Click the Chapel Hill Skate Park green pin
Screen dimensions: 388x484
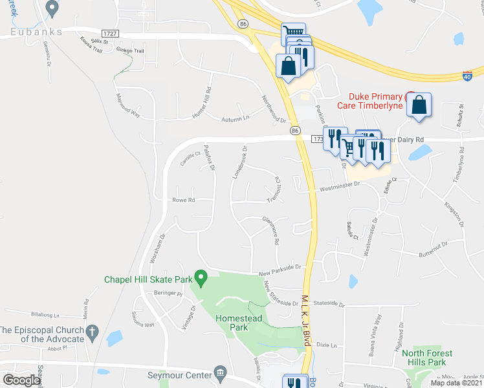pyautogui.click(x=201, y=279)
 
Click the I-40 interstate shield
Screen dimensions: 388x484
pyautogui.click(x=467, y=76)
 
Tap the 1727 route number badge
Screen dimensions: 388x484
pyautogui.click(x=111, y=33)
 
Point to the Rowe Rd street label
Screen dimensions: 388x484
pyautogui.click(x=183, y=200)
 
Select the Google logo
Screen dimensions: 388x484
pyautogui.click(x=21, y=380)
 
